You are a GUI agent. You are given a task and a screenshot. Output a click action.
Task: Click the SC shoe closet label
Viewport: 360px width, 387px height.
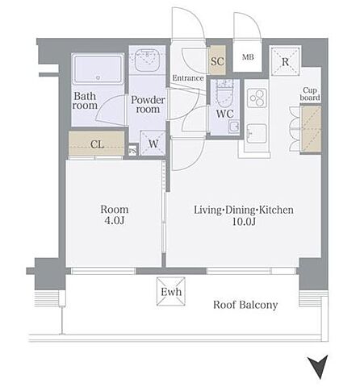coord(217,61)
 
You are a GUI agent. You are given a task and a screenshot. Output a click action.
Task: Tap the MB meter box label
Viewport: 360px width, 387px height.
coord(248,57)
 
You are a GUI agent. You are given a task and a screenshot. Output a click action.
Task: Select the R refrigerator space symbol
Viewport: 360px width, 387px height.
coord(285,61)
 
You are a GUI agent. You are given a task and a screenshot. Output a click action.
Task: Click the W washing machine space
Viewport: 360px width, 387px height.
coord(153,144)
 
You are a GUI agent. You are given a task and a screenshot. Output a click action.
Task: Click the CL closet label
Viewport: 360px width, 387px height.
coord(97,144)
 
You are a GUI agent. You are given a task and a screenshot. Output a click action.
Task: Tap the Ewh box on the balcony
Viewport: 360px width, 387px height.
coord(171,292)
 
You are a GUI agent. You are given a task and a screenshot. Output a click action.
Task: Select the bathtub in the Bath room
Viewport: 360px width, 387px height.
coord(98,69)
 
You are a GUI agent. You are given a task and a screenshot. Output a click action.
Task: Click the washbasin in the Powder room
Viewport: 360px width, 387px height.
coord(147,60)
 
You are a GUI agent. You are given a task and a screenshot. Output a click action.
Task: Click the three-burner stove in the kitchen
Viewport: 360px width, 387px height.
coord(257,98)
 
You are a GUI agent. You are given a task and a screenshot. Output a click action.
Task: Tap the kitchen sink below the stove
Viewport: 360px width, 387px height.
coord(257,134)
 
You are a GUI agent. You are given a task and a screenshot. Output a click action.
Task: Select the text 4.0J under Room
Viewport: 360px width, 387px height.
coord(114,221)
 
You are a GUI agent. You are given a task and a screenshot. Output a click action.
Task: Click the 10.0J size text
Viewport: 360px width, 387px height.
coord(243,222)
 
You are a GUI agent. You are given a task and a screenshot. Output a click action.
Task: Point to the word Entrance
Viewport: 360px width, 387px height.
coord(188,78)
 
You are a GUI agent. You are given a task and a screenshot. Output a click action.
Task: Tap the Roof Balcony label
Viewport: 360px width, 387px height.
coord(245,305)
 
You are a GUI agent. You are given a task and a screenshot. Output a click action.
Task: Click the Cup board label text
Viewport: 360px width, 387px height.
coord(310,94)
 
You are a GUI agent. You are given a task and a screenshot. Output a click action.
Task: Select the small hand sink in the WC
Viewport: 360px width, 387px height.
coord(234,127)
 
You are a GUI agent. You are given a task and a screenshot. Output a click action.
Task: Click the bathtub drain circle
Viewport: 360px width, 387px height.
coord(98,77)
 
